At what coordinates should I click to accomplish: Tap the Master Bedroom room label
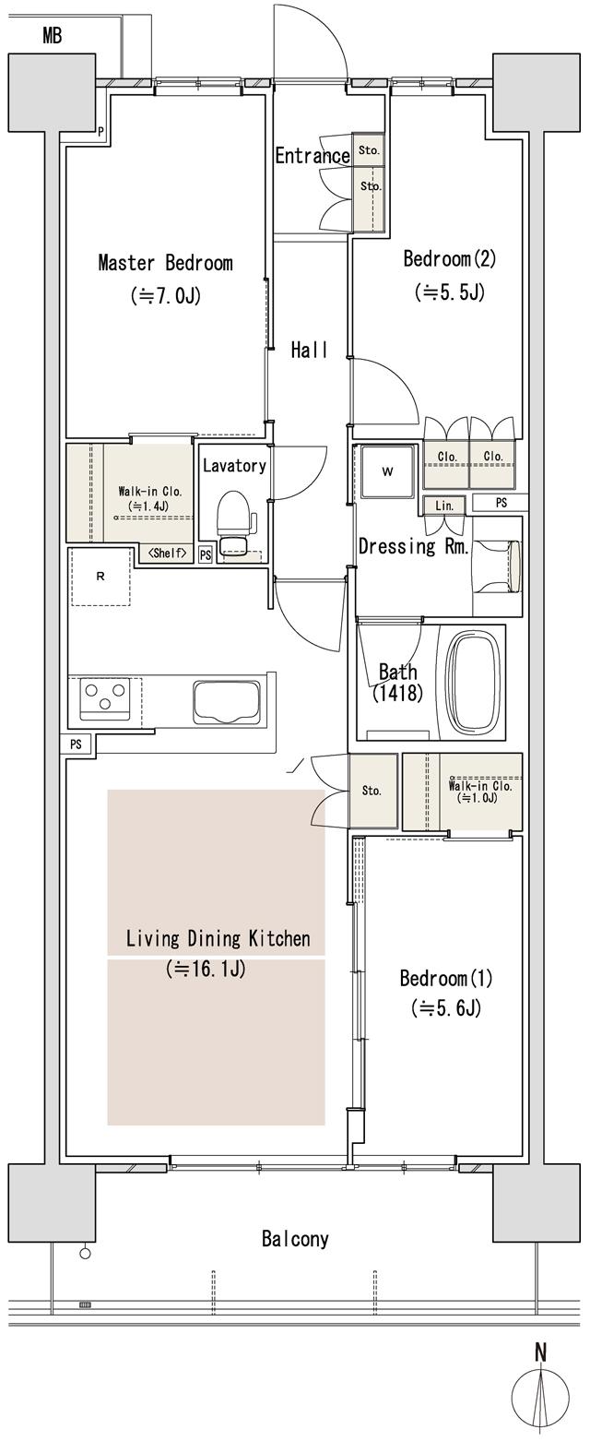(x=165, y=263)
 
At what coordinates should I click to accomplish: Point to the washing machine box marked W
(x=387, y=472)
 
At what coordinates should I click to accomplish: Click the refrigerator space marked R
(x=100, y=577)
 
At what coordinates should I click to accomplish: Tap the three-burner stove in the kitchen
(x=104, y=698)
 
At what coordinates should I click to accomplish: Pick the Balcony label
(x=295, y=1239)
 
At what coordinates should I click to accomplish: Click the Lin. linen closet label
(x=444, y=505)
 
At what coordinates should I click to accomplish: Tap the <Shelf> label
(x=168, y=554)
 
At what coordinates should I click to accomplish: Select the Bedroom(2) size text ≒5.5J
(x=450, y=292)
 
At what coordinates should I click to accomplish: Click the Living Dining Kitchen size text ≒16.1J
(x=206, y=970)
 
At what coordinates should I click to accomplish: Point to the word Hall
(x=310, y=350)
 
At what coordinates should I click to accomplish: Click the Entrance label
(x=313, y=156)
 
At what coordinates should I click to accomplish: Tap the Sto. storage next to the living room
(x=372, y=791)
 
